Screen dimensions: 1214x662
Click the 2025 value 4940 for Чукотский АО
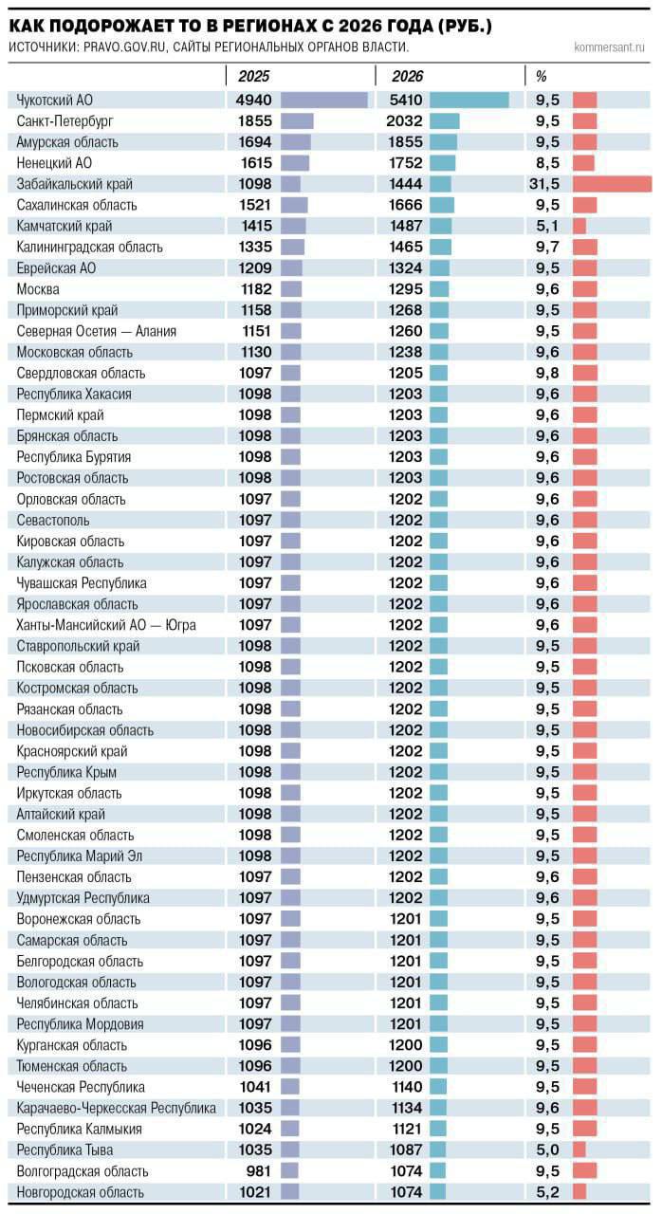(x=253, y=100)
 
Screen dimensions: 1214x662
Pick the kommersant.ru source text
(x=609, y=46)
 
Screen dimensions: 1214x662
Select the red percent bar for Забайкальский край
(x=612, y=184)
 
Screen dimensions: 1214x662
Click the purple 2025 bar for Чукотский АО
(x=323, y=100)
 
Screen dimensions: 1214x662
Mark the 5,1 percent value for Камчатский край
(x=547, y=226)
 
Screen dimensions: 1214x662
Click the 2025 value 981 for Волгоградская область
(x=259, y=1171)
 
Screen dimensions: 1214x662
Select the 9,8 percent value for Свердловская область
(x=547, y=373)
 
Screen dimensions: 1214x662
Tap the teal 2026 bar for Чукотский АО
(x=469, y=100)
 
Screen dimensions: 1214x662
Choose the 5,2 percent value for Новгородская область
(x=547, y=1192)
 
